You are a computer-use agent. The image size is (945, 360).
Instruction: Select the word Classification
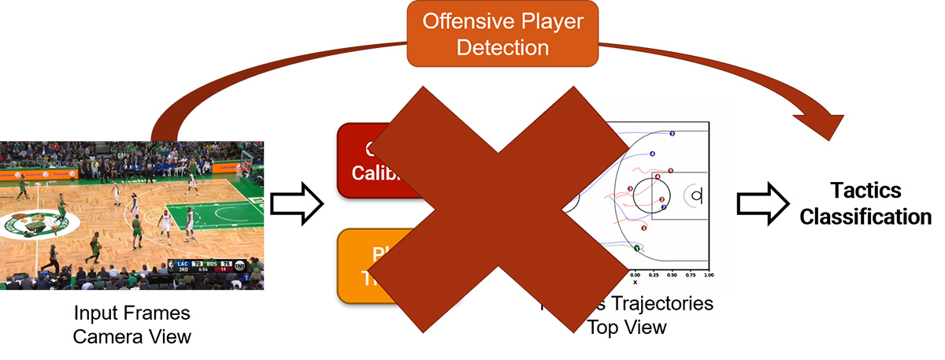pyautogui.click(x=865, y=216)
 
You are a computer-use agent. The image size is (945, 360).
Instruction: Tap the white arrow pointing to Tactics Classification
pyautogui.click(x=762, y=203)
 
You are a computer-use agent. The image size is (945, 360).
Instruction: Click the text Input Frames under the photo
pyautogui.click(x=132, y=313)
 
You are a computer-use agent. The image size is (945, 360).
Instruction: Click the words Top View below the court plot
pyautogui.click(x=626, y=326)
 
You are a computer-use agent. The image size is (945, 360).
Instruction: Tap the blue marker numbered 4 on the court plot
pyautogui.click(x=652, y=154)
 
